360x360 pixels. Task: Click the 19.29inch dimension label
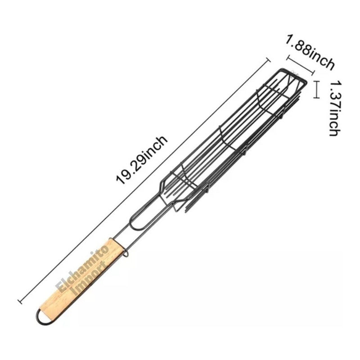tap(142, 160)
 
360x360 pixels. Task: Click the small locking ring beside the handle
tap(126, 252)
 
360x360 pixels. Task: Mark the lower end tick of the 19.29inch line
tap(20, 301)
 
